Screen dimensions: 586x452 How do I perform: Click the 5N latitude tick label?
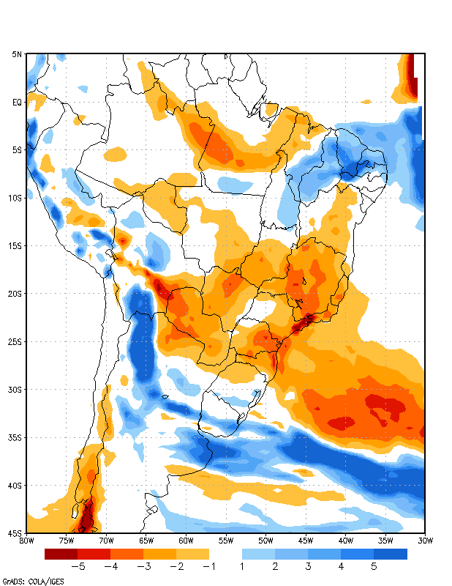point(17,54)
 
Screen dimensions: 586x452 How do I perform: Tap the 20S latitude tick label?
point(15,294)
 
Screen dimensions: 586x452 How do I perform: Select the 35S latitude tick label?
point(15,437)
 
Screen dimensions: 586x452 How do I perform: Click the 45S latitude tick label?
point(15,533)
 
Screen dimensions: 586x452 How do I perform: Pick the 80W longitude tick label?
point(26,541)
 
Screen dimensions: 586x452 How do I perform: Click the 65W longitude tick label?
point(146,541)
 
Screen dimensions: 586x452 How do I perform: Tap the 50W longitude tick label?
point(265,541)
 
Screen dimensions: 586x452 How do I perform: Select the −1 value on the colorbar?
point(208,566)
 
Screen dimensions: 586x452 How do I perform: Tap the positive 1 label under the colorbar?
point(241,566)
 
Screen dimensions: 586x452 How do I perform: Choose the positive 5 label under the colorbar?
point(374,566)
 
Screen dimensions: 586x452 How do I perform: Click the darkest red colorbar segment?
point(61,554)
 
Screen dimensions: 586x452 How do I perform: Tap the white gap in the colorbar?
point(225,554)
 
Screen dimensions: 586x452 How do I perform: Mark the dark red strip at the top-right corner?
point(412,73)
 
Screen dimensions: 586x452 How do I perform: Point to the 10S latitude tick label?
point(15,198)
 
